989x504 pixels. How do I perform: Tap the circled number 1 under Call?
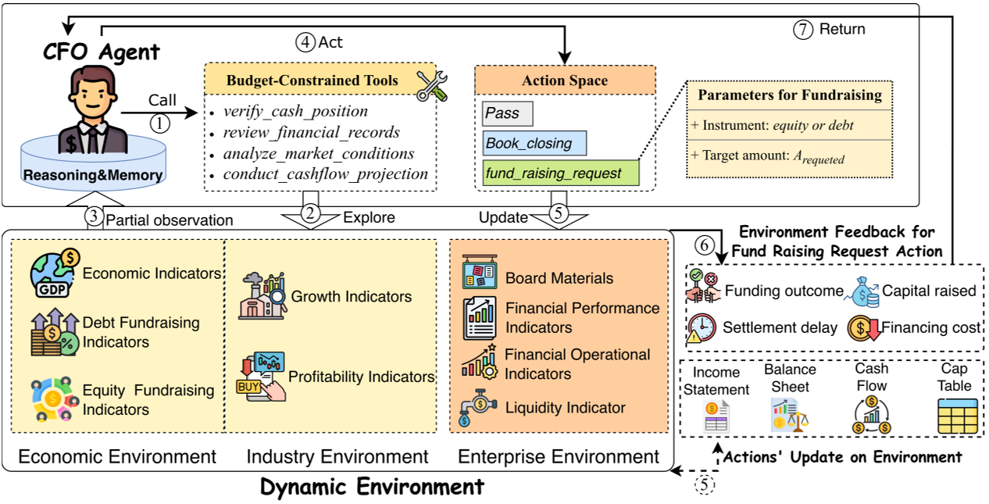(x=160, y=123)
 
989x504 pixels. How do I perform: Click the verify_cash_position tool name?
(x=295, y=111)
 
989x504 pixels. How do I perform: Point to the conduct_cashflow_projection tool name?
(x=325, y=173)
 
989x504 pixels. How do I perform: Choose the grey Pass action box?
(x=507, y=113)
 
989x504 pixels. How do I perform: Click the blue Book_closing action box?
(x=534, y=144)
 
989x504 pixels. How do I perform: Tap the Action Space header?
(x=565, y=80)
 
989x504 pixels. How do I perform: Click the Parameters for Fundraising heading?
(x=789, y=95)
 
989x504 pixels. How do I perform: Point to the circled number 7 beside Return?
(x=802, y=29)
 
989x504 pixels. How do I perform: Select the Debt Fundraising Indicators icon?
(x=52, y=332)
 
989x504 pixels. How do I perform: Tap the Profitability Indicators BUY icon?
(x=260, y=376)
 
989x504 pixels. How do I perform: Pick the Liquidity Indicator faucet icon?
(x=478, y=407)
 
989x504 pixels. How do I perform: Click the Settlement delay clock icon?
(x=702, y=327)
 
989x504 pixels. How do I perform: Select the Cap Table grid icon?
(x=957, y=416)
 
